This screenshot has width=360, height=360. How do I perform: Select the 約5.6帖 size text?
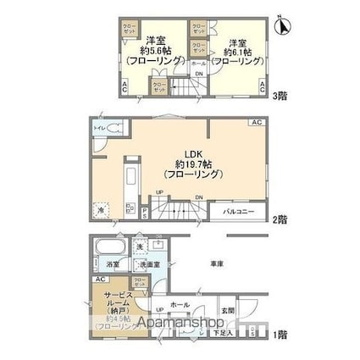click(x=153, y=51)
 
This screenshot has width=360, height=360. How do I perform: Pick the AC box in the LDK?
click(x=256, y=124)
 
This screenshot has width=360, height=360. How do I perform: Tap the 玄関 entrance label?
click(x=229, y=310)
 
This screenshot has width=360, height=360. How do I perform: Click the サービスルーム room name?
click(x=114, y=298)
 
